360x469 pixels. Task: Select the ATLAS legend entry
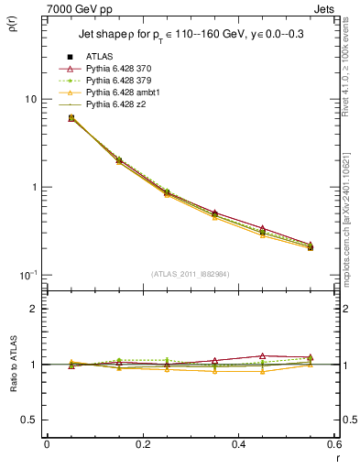coord(100,57)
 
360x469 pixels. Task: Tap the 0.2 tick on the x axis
coord(142,443)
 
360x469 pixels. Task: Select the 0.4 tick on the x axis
coord(238,443)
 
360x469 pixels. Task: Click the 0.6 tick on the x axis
coord(333,443)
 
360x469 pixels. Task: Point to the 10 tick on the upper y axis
coord(29,99)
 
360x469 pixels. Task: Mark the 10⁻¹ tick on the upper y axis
coord(27,276)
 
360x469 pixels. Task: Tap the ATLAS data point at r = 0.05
coord(71,118)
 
